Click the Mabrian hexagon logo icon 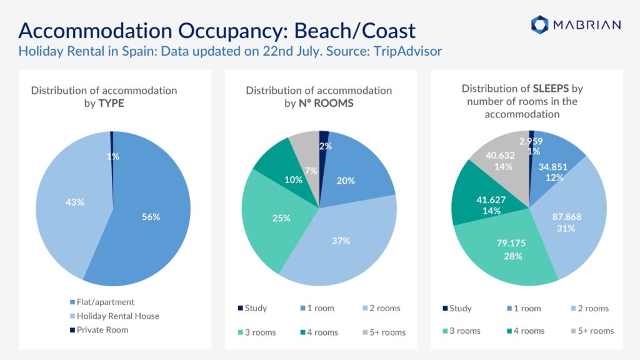pos(539,24)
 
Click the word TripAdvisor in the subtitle pos(407,51)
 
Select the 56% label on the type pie pos(151,217)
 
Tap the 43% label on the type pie pos(75,202)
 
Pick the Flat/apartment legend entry pos(102,302)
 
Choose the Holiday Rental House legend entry pos(115,316)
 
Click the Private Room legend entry pos(99,330)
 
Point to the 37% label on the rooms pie pos(341,241)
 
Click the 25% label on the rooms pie pos(281,218)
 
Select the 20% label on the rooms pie pos(346,181)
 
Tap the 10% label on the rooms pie pos(294,179)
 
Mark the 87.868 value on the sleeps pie pos(566,217)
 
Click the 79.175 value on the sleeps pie pos(511,243)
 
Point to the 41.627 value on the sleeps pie pos(491,199)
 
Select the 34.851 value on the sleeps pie pos(552,166)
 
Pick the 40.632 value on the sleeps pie pos(500,156)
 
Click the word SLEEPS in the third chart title pos(551,89)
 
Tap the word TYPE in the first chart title pos(111,103)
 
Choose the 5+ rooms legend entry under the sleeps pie pos(592,331)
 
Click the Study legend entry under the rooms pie pos(252,308)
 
